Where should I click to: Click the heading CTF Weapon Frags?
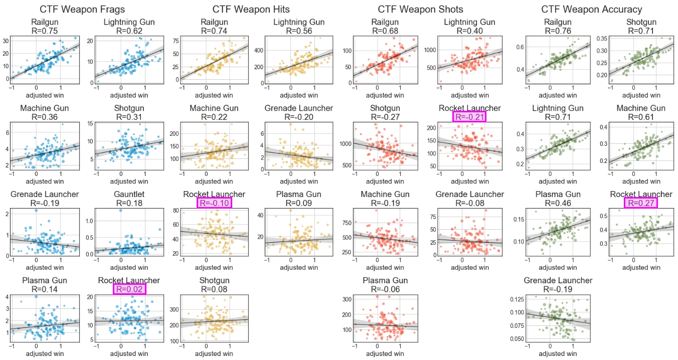(x=82, y=10)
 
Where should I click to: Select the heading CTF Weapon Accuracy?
(x=592, y=10)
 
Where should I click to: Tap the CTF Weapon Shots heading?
(x=420, y=10)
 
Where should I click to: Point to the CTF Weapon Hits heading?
(x=251, y=10)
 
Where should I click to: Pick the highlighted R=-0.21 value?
(x=469, y=117)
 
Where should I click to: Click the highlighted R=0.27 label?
(x=641, y=203)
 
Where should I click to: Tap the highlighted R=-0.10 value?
(x=214, y=203)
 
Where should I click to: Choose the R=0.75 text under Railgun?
(x=44, y=31)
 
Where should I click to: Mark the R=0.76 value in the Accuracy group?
(x=558, y=31)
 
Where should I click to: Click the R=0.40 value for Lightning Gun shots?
(x=469, y=31)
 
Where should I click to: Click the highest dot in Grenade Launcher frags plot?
(x=36, y=211)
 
